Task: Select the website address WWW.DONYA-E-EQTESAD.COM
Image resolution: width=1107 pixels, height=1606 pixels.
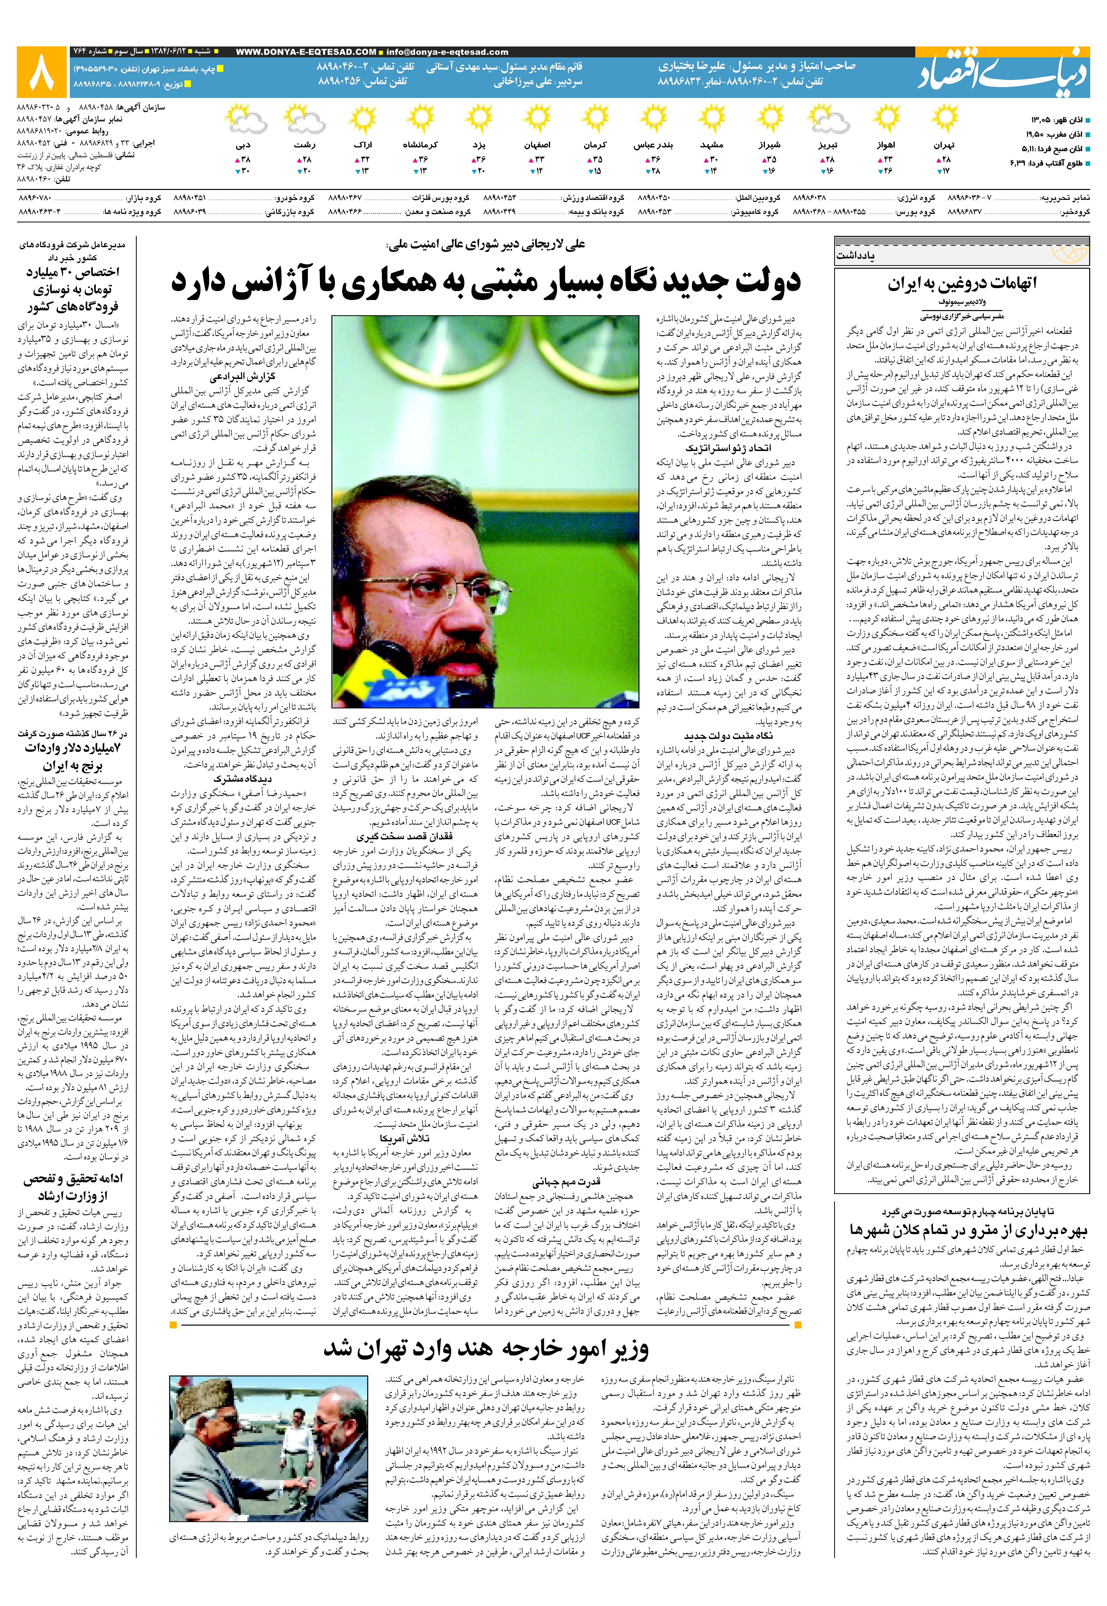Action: click(306, 52)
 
